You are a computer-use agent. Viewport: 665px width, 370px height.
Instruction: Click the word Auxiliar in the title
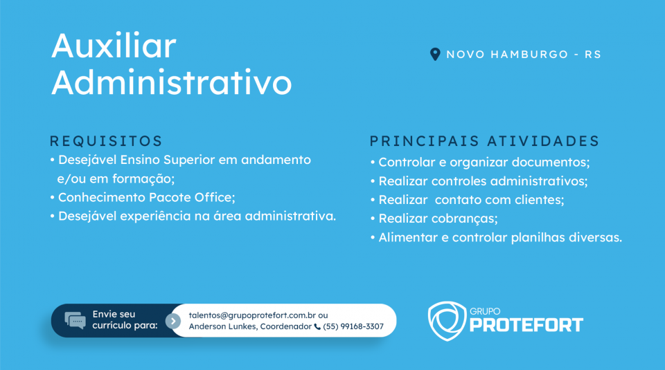114,45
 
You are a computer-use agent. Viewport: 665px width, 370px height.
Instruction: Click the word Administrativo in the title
172,82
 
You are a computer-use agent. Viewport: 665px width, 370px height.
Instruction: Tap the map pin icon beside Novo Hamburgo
435,54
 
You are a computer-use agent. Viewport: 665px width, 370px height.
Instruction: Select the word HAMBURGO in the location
529,55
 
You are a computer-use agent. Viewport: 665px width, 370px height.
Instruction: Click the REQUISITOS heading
106,141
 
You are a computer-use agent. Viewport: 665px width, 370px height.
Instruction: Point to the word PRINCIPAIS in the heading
425,141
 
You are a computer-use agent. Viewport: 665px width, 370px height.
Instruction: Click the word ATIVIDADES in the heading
543,141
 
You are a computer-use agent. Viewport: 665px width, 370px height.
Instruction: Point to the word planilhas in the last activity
538,237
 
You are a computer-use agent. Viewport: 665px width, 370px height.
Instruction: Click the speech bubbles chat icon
75,320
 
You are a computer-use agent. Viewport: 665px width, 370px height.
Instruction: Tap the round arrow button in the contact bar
173,321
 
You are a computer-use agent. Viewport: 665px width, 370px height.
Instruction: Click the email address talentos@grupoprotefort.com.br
252,315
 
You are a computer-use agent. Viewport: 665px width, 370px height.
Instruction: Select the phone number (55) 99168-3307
353,326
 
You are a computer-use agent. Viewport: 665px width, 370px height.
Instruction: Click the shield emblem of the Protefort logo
447,321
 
